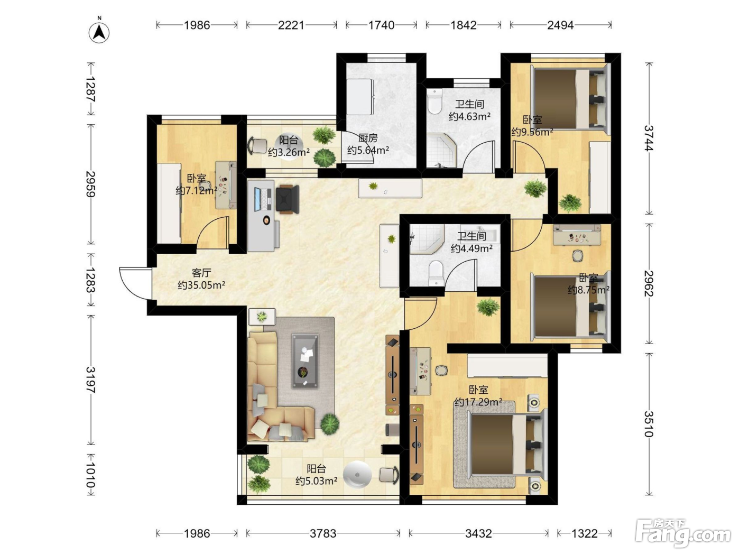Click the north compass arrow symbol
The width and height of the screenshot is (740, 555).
99,32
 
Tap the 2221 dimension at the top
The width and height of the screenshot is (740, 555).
291,25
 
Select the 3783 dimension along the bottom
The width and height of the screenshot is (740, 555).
323,533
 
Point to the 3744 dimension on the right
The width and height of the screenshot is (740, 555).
649,138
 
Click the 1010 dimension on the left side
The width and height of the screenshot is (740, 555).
90,475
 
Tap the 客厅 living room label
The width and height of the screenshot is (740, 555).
201,272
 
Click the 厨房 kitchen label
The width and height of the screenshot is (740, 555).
368,138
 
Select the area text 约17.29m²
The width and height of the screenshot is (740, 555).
478,402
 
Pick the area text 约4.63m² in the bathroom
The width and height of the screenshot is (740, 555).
469,117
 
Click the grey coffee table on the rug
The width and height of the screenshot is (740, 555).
305,361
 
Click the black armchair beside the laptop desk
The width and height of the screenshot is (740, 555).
288,199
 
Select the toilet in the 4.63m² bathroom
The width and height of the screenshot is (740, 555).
434,101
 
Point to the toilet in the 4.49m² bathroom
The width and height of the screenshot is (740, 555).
436,273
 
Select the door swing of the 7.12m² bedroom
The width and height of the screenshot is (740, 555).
212,233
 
